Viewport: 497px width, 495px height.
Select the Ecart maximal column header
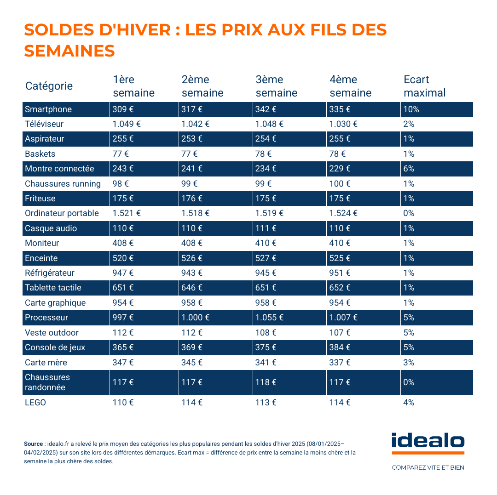pos(424,86)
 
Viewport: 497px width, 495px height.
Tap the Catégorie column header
pos(49,86)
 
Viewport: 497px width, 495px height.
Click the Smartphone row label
pos(48,109)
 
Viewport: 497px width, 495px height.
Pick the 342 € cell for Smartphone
pos(266,109)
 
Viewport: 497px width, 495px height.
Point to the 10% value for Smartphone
pos(411,109)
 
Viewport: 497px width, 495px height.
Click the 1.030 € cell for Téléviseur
pos(343,124)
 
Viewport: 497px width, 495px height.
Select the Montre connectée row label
pos(59,169)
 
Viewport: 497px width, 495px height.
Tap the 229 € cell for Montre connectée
pos(340,169)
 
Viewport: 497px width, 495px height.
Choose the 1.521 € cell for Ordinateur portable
pos(127,213)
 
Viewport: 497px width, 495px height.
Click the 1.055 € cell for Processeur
pos(269,318)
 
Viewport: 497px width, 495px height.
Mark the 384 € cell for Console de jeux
pos(340,347)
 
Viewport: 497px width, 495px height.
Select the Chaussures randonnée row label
pos(47,382)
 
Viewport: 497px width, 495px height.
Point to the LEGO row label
pos(35,403)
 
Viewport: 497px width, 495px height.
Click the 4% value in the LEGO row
pos(409,403)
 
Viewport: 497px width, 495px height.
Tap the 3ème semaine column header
pos(276,86)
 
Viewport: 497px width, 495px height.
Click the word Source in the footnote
pos(33,444)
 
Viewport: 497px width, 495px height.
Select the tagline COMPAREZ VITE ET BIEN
pos(428,468)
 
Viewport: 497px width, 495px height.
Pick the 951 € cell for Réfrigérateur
pos(340,273)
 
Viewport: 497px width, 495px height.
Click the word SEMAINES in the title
pos(69,51)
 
